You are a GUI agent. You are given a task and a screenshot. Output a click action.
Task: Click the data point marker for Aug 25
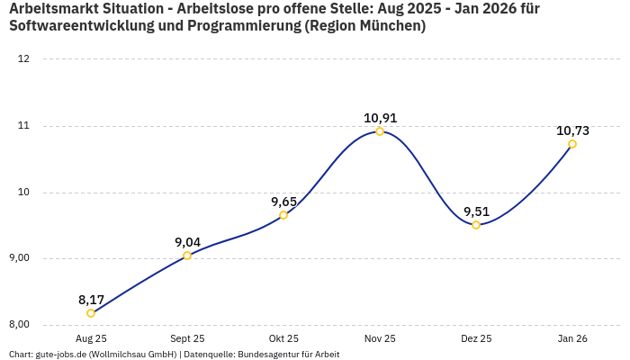[x=91, y=313]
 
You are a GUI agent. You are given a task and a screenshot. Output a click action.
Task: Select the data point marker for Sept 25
[x=187, y=256]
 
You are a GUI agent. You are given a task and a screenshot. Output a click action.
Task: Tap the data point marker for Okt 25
[x=283, y=215]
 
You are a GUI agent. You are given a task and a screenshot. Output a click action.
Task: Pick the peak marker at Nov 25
[x=380, y=131]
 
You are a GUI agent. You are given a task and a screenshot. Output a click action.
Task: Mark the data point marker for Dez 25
[x=476, y=225]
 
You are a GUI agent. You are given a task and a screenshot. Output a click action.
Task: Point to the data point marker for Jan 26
[x=572, y=144]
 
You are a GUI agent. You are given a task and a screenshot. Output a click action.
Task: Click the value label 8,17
[x=91, y=299]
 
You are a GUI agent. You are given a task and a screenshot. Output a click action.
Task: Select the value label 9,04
[x=187, y=241]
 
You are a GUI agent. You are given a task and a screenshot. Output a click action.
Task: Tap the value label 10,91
[x=380, y=117]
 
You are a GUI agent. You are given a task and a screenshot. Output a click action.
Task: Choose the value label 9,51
[x=476, y=211]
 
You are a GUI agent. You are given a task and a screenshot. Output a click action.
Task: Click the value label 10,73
[x=572, y=130]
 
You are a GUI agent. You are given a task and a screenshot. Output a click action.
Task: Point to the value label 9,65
[x=283, y=201]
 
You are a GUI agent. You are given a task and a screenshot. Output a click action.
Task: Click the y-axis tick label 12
[x=24, y=59]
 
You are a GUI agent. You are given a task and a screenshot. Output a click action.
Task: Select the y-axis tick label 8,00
[x=19, y=325]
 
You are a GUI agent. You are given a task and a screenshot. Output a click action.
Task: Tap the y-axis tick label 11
[x=24, y=126]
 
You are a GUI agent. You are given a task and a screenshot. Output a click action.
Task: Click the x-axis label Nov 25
[x=380, y=338]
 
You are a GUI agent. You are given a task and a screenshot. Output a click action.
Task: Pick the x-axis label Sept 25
[x=187, y=338]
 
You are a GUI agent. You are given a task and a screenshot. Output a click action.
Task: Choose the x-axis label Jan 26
[x=572, y=338]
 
